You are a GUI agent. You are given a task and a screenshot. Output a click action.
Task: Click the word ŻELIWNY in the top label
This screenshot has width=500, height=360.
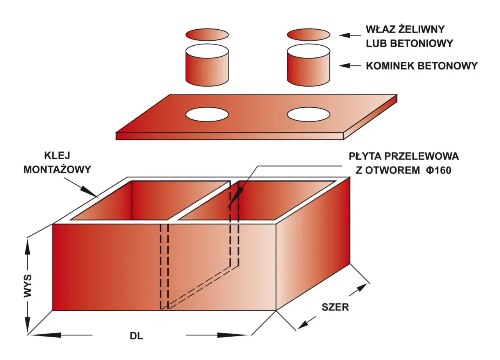coord(421,29)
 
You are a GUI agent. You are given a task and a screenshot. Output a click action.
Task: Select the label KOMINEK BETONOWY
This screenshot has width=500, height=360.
coord(421,66)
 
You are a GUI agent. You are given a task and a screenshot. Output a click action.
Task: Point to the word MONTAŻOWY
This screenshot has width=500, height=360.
coord(57,169)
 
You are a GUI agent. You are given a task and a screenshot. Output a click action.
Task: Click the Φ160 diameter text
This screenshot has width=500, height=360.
coord(439,171)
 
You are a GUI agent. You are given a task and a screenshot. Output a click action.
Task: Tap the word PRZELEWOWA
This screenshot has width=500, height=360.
coord(421,156)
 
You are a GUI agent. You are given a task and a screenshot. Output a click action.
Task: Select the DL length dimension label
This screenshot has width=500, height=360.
coord(136,336)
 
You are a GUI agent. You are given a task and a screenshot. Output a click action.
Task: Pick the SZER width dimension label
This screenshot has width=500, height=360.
coord(335,307)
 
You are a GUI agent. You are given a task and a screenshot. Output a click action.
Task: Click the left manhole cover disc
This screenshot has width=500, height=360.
coord(207,35)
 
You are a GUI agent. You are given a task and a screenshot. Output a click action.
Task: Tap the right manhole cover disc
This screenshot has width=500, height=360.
coord(309,35)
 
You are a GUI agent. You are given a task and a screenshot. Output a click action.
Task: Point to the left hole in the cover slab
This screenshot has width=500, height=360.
coord(207,114)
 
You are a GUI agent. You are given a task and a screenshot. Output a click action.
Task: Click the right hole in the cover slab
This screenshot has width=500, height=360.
coord(309,114)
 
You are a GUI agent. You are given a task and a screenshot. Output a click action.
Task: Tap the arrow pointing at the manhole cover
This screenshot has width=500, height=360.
coord(350,35)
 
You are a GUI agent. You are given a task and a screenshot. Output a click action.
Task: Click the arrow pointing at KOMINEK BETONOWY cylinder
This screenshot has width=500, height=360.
coord(350,66)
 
